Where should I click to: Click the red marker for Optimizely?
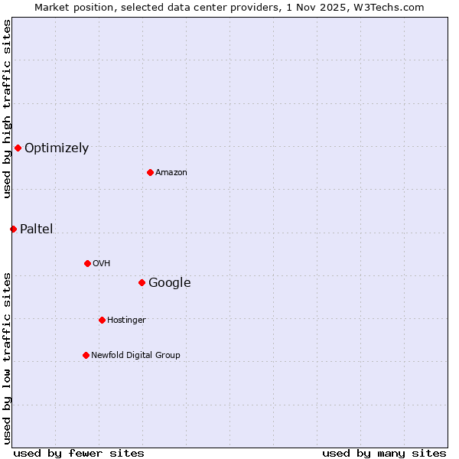point(18,148)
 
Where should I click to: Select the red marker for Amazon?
point(150,172)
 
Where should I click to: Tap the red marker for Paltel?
point(13,229)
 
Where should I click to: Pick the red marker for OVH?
point(87,263)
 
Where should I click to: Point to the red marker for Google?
point(142,282)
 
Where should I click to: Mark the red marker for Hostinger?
point(102,320)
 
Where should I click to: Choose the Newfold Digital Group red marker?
point(86,355)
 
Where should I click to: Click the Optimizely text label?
point(57,148)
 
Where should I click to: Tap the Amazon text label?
point(171,173)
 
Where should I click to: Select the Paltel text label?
point(36,229)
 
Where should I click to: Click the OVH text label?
point(102,264)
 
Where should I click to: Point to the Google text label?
point(169,283)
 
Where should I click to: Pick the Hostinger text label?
point(126,321)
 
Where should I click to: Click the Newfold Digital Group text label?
point(135,356)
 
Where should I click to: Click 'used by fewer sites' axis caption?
point(79,453)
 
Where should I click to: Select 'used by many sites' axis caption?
point(384,453)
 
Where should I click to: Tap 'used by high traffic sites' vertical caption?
point(7,109)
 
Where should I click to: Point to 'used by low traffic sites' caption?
point(7,357)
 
